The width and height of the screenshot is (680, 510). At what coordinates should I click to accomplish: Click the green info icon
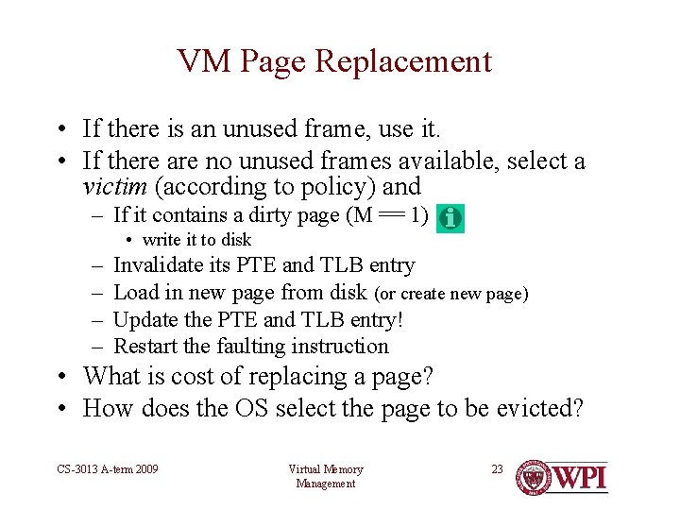click(x=451, y=218)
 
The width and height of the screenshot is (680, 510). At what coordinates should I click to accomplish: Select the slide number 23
click(x=497, y=468)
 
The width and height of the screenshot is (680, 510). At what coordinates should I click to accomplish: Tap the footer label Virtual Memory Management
click(x=326, y=476)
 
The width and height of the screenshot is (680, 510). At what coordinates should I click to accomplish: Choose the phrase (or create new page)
click(x=451, y=294)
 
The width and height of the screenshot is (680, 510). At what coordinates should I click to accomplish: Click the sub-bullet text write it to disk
click(x=196, y=240)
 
